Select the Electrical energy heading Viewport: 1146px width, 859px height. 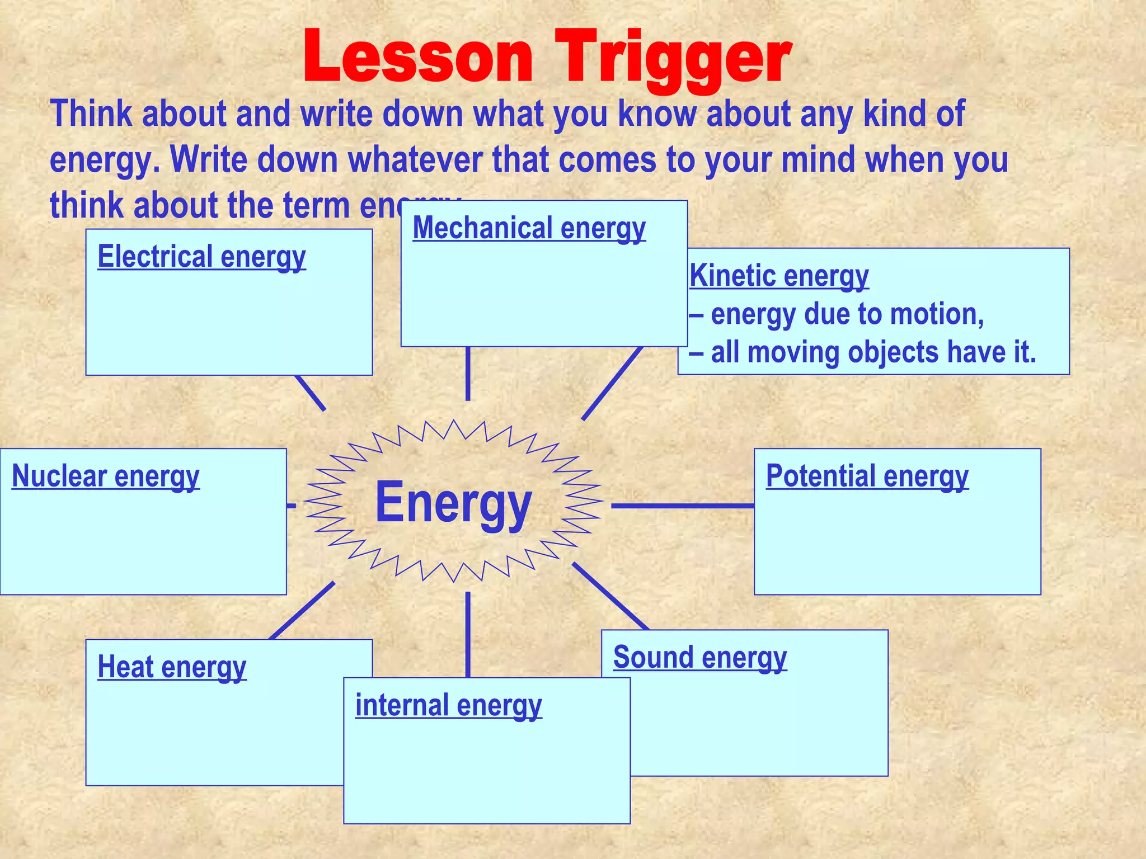[201, 257]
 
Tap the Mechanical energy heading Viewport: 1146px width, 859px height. [529, 228]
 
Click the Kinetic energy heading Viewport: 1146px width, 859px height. [779, 276]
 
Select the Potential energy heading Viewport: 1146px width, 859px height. [867, 476]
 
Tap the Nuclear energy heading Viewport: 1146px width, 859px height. [105, 476]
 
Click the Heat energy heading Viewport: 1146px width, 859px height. [172, 667]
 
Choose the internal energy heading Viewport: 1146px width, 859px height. [448, 705]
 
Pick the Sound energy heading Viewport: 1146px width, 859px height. [699, 657]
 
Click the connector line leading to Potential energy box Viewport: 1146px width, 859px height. [683, 506]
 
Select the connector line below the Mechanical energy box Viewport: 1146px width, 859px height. [468, 374]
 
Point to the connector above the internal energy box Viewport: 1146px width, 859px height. [468, 635]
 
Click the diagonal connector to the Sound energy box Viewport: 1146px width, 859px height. [610, 596]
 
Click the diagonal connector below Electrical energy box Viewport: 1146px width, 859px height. [310, 393]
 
